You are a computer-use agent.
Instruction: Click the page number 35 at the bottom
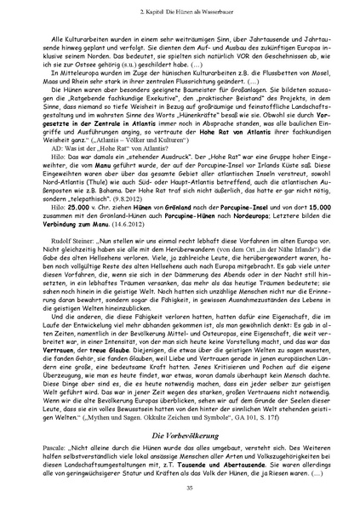click(180, 486)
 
